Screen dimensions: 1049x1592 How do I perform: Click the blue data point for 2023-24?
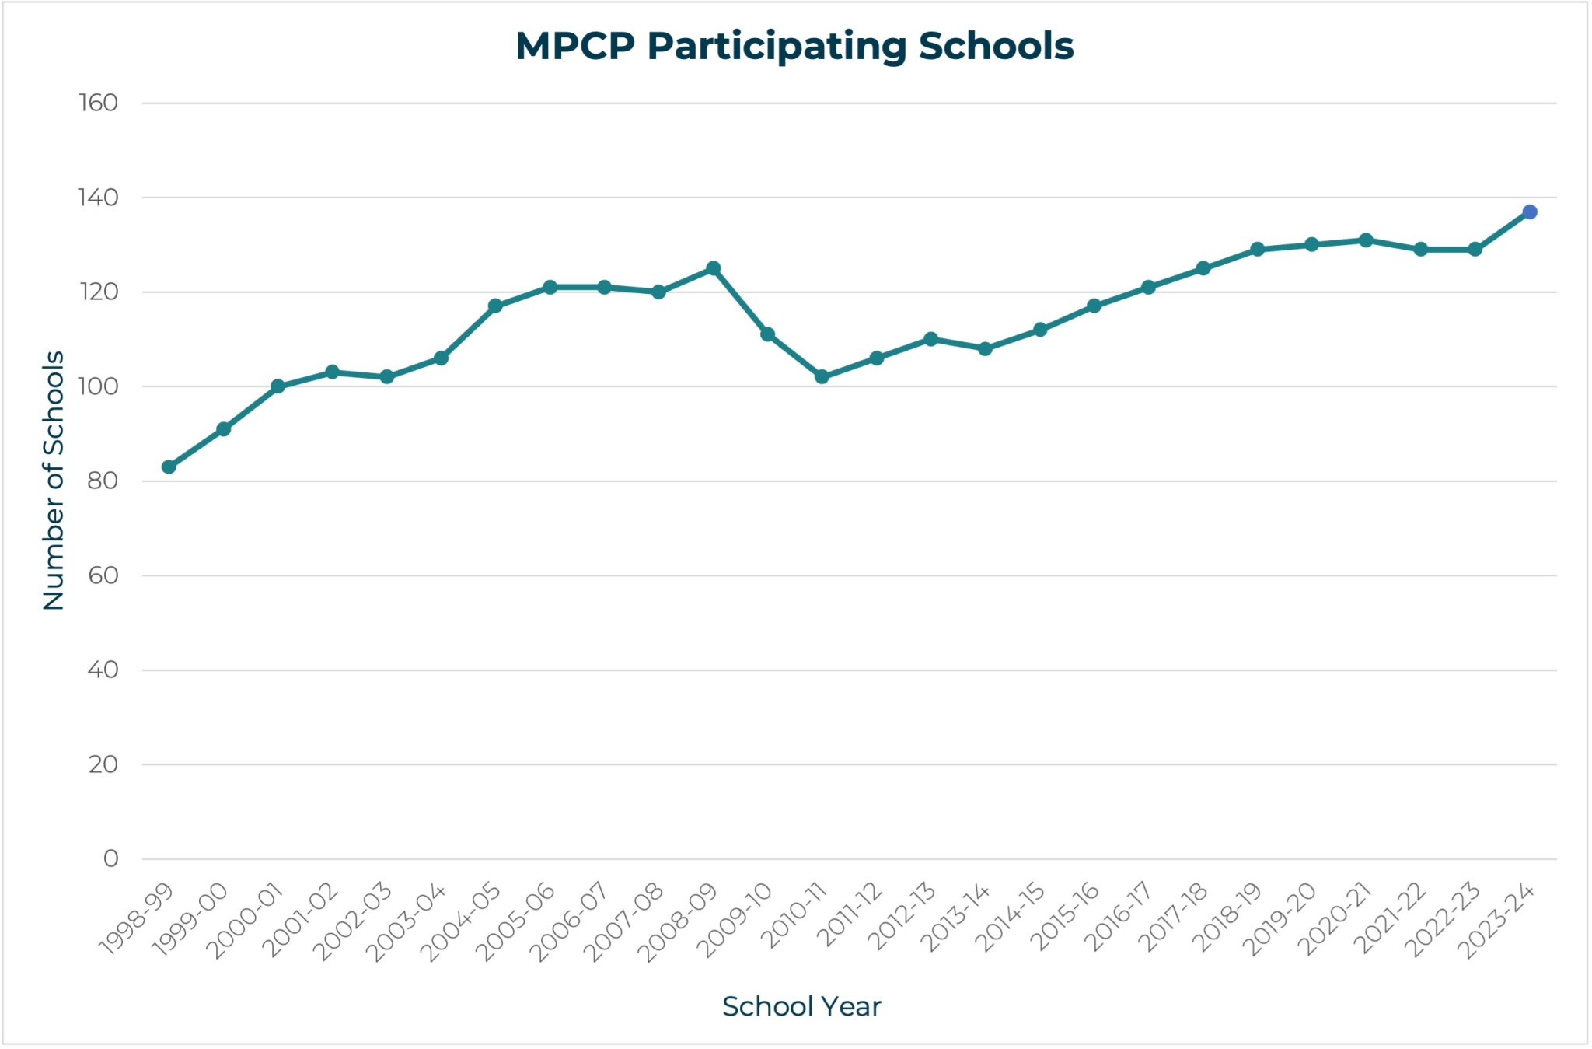pos(1529,212)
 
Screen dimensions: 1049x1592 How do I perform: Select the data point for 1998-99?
pos(169,467)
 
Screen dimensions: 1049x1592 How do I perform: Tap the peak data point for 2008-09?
pos(713,268)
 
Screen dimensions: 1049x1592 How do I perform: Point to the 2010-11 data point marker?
pos(822,376)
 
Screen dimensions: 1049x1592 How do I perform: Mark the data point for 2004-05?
pos(495,306)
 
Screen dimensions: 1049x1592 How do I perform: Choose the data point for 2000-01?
pos(278,386)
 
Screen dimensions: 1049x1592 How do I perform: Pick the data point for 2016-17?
pos(1148,287)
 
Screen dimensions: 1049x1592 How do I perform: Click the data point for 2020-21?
pos(1366,240)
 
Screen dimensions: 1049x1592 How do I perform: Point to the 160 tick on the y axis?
pos(98,103)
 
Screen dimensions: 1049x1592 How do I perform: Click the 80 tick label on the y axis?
pos(102,481)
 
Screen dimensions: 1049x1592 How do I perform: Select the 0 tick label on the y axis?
pos(110,858)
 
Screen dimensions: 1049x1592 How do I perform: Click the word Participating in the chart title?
pos(777,47)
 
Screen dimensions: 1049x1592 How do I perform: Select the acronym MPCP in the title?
pos(575,46)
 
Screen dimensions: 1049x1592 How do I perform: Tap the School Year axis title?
pos(801,1006)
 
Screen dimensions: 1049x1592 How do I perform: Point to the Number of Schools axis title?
pos(54,480)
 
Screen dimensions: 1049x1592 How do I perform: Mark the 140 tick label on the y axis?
pos(98,198)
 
